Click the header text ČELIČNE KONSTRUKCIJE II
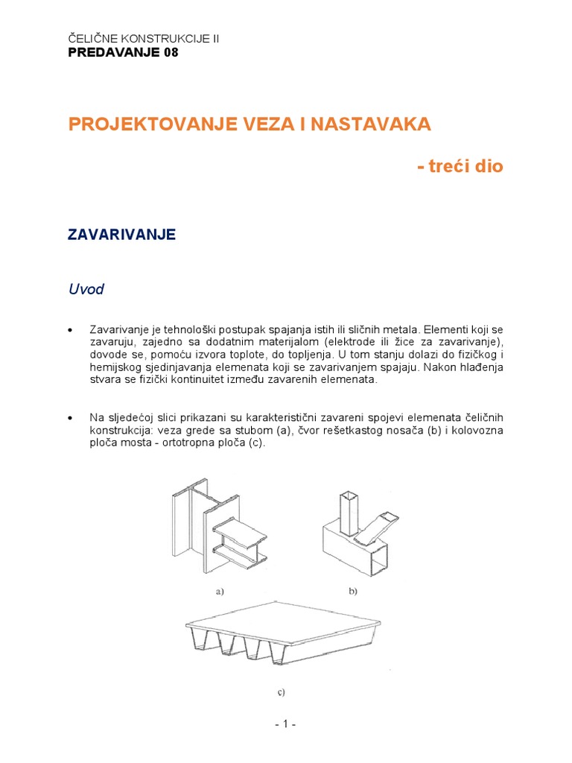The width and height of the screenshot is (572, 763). tap(144, 38)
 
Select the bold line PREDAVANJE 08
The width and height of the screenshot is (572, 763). tap(123, 53)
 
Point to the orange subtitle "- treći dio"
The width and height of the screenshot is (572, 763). tap(460, 166)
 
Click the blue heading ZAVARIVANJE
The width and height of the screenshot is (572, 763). tap(121, 235)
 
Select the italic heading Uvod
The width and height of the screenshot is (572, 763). tap(86, 290)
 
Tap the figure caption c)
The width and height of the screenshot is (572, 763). tap(281, 692)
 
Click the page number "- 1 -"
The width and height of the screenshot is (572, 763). tap(285, 724)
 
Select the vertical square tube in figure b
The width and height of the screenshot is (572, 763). tap(349, 514)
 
